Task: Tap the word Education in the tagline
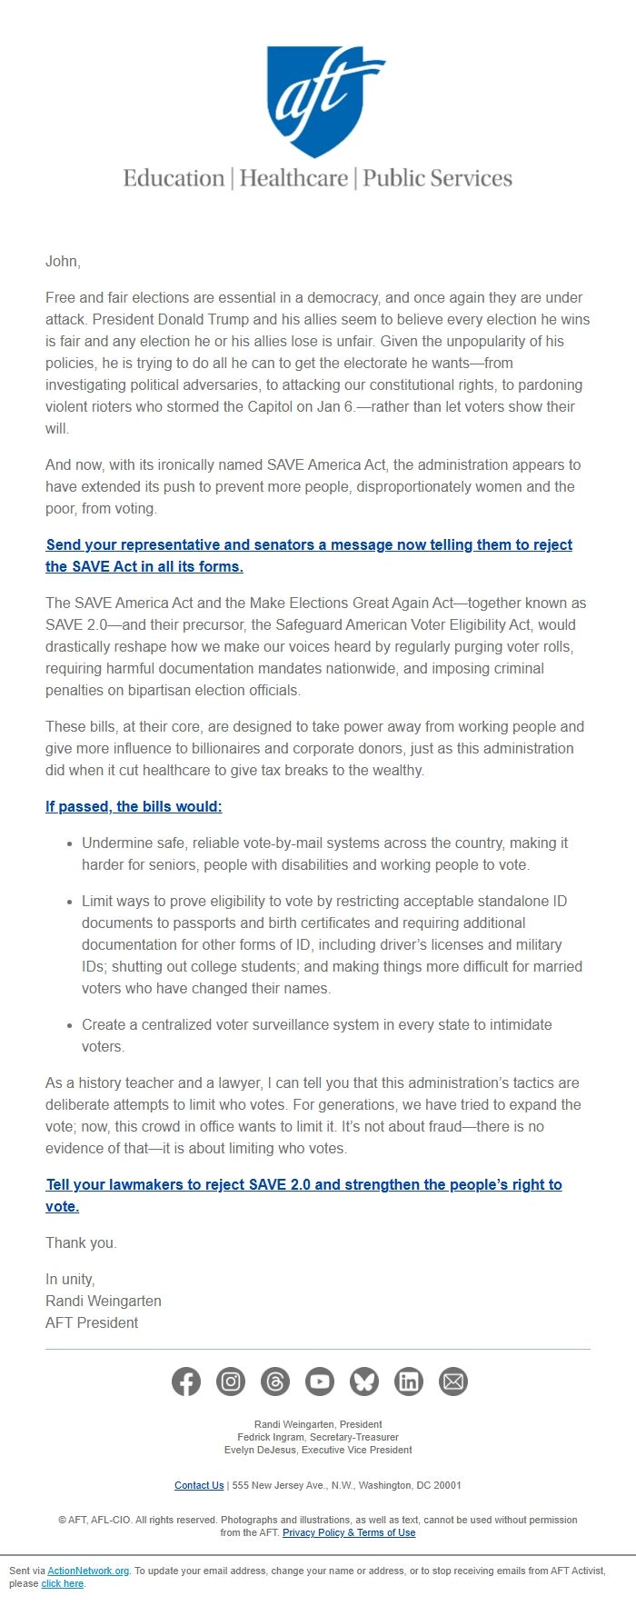pyautogui.click(x=174, y=178)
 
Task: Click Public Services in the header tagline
pyautogui.click(x=437, y=178)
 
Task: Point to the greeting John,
pyautogui.click(x=63, y=262)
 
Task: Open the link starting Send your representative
pyautogui.click(x=309, y=545)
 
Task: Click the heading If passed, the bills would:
pyautogui.click(x=134, y=807)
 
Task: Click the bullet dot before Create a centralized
pyautogui.click(x=70, y=1025)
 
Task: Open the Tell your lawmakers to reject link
pyautogui.click(x=303, y=1185)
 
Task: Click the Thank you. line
pyautogui.click(x=81, y=1243)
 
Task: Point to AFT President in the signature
pyautogui.click(x=92, y=1323)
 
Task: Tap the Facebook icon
pyautogui.click(x=186, y=1382)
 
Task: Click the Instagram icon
pyautogui.click(x=231, y=1382)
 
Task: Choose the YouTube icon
pyautogui.click(x=320, y=1382)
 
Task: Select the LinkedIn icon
pyautogui.click(x=409, y=1382)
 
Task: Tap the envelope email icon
pyautogui.click(x=453, y=1382)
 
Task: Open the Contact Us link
pyautogui.click(x=199, y=1485)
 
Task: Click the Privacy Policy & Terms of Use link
pyautogui.click(x=349, y=1532)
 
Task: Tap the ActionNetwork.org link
pyautogui.click(x=88, y=1571)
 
